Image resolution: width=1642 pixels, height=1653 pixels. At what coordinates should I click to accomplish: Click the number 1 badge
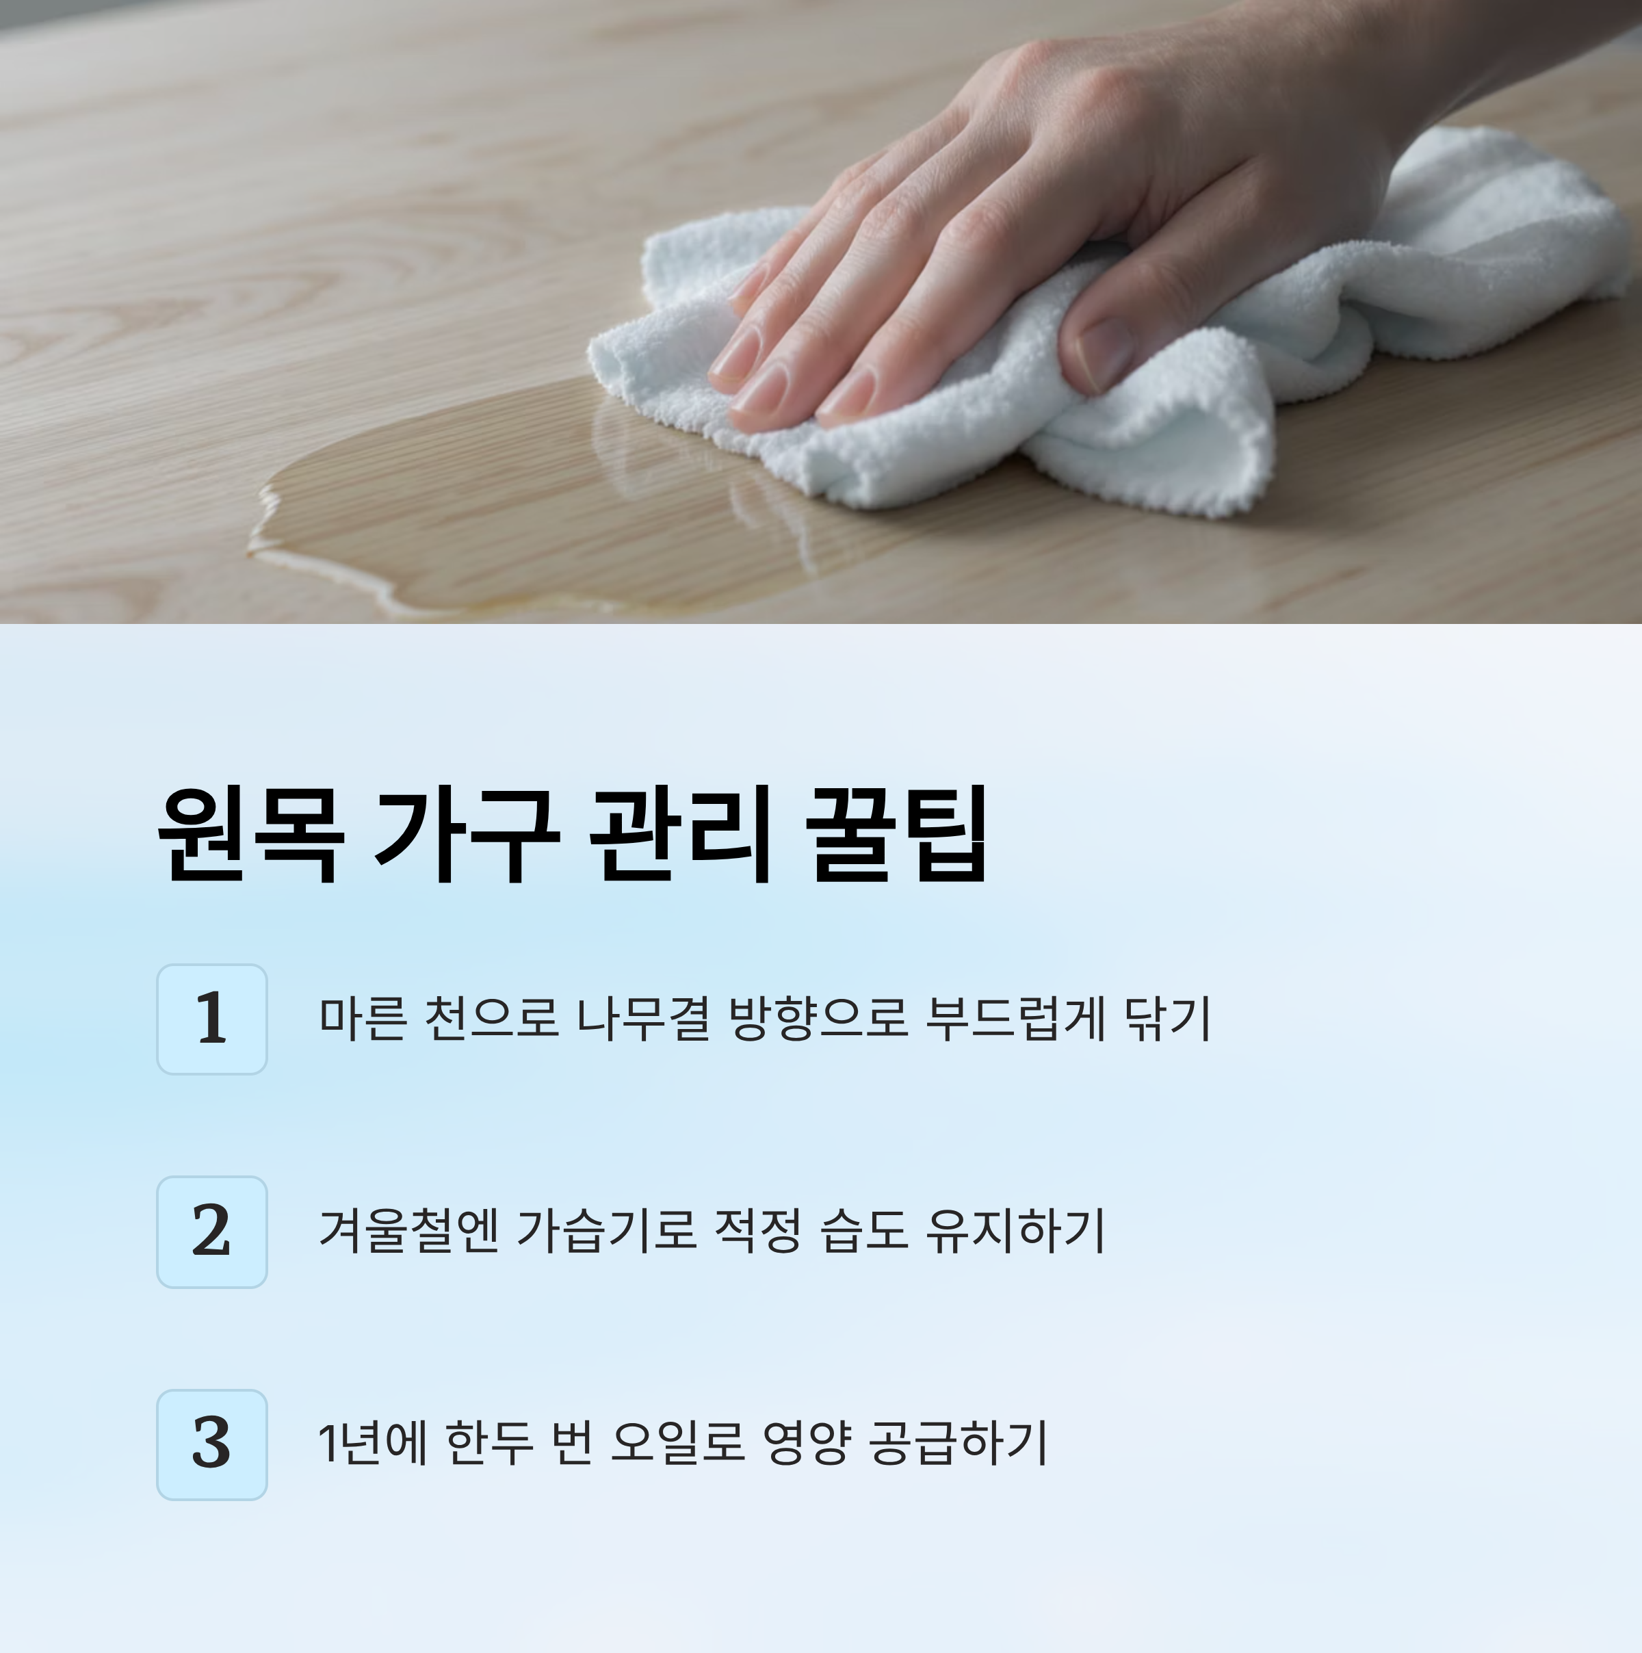212,1019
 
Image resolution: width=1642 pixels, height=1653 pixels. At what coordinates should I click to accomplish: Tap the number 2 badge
212,1231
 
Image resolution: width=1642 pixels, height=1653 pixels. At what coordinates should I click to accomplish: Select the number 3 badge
212,1444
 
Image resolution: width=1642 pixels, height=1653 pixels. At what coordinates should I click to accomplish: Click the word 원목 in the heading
250,833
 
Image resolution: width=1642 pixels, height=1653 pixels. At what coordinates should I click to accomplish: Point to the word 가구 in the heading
467,833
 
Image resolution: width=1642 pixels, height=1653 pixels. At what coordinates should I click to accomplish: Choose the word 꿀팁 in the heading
898,833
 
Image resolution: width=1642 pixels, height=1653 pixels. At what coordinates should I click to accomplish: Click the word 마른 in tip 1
362,1018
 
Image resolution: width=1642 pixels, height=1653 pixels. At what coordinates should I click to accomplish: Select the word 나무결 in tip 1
642,1018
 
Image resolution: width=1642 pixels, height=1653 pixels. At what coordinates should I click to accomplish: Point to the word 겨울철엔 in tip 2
408,1230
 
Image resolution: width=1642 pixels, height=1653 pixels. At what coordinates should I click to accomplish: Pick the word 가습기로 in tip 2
607,1230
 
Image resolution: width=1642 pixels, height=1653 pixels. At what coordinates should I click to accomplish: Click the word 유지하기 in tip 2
1016,1230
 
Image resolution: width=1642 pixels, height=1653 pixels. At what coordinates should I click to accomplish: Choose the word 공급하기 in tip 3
959,1444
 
